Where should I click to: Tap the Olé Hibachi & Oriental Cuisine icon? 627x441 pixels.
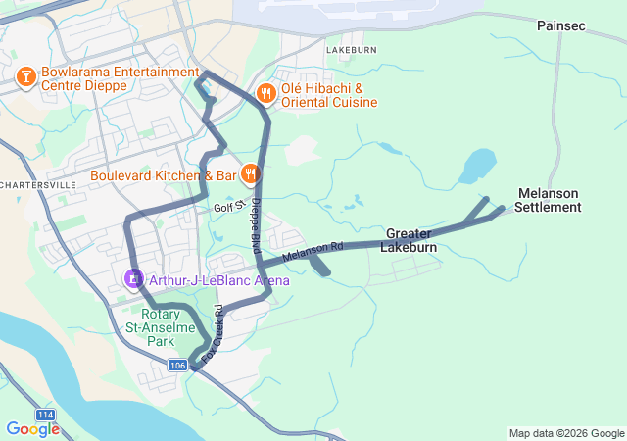[265, 94]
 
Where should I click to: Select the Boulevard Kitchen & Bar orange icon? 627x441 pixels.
[250, 175]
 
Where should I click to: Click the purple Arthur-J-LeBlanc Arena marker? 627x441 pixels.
[132, 279]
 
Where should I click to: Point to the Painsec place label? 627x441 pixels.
[560, 26]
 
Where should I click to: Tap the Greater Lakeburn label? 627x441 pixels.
[410, 240]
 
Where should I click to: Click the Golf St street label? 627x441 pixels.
[226, 208]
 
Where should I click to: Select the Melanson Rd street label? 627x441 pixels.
[313, 252]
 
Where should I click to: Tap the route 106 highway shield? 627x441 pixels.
[176, 365]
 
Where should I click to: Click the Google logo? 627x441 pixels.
[31, 429]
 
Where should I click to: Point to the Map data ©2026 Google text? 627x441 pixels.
[565, 433]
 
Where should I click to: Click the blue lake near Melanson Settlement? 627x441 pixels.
[476, 166]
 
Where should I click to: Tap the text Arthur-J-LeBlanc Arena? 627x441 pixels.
[218, 280]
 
